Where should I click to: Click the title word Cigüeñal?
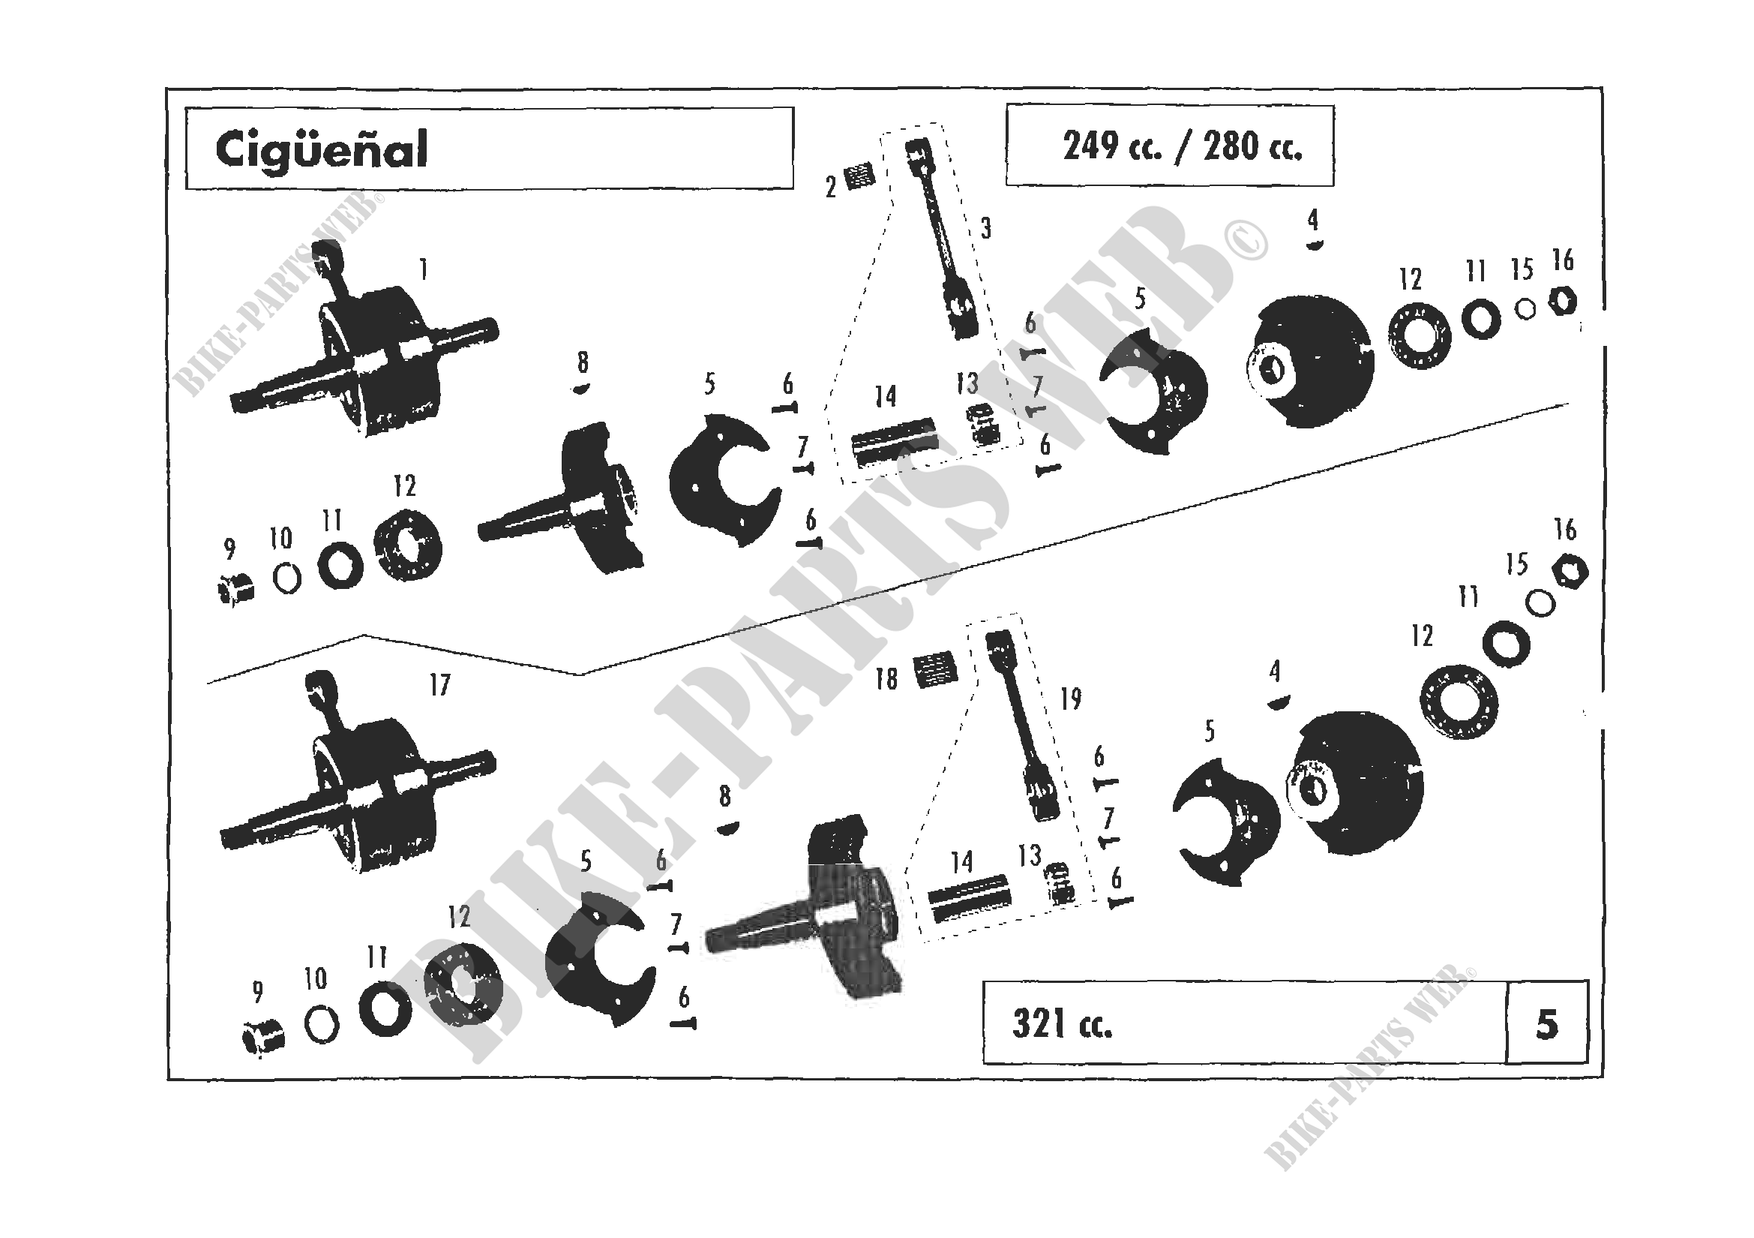pos(321,150)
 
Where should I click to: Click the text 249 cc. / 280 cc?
pos(1182,146)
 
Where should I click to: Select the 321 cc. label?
pos(1062,1024)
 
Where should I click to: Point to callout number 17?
pos(440,685)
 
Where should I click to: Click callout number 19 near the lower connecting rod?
pos(1071,699)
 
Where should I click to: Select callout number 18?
pos(886,678)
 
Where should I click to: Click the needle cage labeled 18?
pos(935,668)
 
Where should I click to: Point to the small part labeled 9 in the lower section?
pos(262,1038)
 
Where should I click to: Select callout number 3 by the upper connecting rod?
pos(986,228)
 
